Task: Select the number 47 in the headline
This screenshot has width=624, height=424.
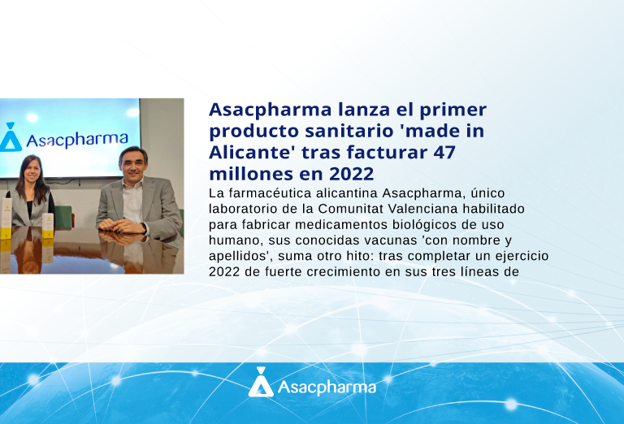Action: click(x=444, y=153)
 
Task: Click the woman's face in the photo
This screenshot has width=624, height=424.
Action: click(x=32, y=171)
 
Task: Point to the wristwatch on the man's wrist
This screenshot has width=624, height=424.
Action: click(x=145, y=228)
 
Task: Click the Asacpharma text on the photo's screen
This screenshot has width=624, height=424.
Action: click(x=77, y=140)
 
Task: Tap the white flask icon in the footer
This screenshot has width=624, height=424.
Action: click(x=261, y=383)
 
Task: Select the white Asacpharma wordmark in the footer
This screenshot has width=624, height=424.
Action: click(x=327, y=387)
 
